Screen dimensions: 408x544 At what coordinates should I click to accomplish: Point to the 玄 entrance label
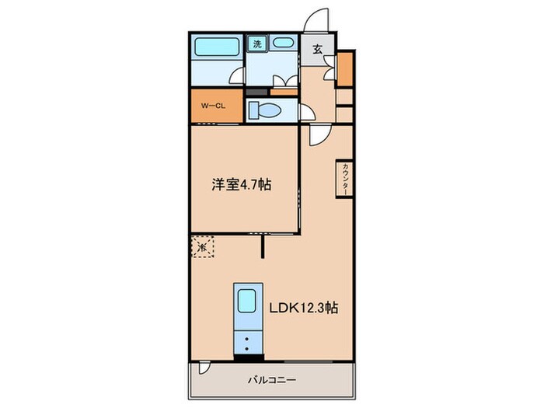point(318,49)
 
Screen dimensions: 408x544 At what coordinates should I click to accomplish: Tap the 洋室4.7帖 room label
point(242,186)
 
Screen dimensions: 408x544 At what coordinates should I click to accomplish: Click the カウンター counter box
point(343,180)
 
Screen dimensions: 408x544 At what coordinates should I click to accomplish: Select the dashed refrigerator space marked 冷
point(201,247)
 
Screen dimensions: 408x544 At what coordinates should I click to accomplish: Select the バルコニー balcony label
point(270,381)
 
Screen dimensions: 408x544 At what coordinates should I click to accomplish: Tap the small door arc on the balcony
point(203,370)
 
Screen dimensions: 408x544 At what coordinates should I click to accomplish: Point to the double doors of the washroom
point(284,80)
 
